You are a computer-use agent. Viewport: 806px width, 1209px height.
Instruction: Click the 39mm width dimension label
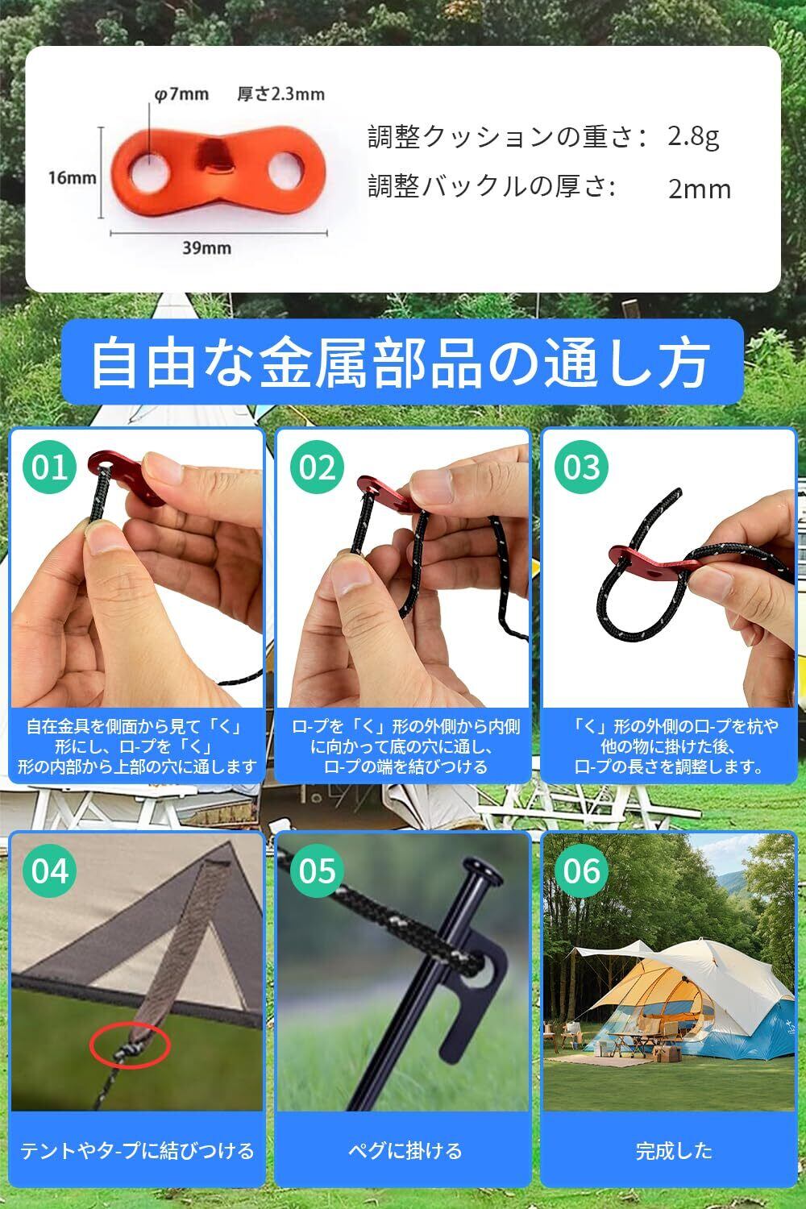pyautogui.click(x=207, y=247)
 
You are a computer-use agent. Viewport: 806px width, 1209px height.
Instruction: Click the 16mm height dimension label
pyautogui.click(x=72, y=177)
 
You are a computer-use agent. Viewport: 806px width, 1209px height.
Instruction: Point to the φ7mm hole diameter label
pyautogui.click(x=181, y=94)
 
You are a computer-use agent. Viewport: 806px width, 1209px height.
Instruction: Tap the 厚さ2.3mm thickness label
pyautogui.click(x=280, y=94)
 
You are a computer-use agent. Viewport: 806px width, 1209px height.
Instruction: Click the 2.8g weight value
pyautogui.click(x=693, y=137)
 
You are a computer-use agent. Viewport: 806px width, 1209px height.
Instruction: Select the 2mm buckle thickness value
pyautogui.click(x=700, y=189)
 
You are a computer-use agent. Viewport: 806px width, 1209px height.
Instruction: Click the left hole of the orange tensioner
pyautogui.click(x=150, y=174)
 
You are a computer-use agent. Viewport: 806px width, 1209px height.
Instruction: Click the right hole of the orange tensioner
pyautogui.click(x=287, y=172)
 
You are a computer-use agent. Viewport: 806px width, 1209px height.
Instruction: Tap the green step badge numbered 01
pyautogui.click(x=49, y=467)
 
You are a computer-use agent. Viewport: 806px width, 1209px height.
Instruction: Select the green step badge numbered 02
pyautogui.click(x=317, y=467)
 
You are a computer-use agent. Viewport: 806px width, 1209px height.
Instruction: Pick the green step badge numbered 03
pyautogui.click(x=581, y=467)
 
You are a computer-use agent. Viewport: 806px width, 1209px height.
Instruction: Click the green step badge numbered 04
pyautogui.click(x=49, y=870)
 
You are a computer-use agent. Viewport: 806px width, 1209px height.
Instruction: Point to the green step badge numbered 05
pyautogui.click(x=317, y=870)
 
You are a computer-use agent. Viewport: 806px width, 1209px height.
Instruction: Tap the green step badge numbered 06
pyautogui.click(x=581, y=870)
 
